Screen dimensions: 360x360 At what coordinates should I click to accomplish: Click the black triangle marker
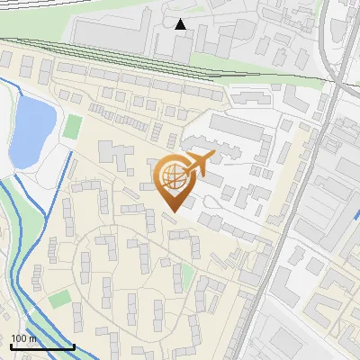181,24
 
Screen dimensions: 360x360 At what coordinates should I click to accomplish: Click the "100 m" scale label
22,338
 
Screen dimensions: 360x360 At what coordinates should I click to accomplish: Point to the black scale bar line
42,346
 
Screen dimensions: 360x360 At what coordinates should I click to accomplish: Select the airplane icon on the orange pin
200,163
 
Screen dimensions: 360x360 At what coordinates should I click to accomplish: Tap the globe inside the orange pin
174,177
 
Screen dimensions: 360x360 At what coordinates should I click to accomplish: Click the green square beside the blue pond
72,126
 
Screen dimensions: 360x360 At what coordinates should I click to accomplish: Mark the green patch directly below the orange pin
187,275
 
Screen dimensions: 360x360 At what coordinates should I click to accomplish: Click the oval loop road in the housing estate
135,270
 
